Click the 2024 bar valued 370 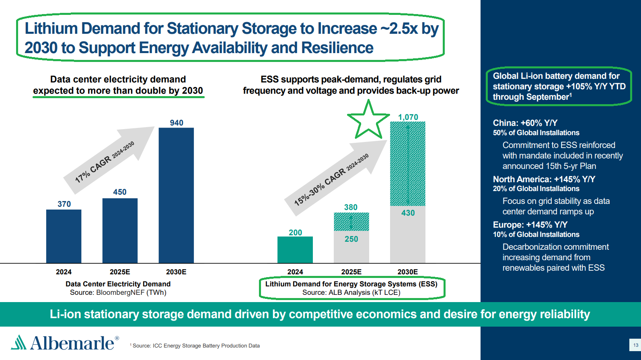click(64, 236)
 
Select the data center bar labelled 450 click(120, 230)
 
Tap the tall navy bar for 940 click(176, 195)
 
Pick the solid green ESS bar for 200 click(295, 250)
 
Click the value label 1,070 click(408, 117)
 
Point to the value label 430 click(408, 213)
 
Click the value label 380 click(351, 207)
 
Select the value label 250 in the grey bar click(351, 239)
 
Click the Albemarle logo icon click(18, 342)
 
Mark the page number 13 click(636, 345)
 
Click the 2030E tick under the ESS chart click(407, 272)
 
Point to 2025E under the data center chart click(120, 272)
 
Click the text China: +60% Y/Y click(525, 123)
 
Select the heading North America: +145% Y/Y click(544, 179)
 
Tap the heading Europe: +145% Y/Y click(530, 225)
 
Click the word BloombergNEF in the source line click(120, 292)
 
